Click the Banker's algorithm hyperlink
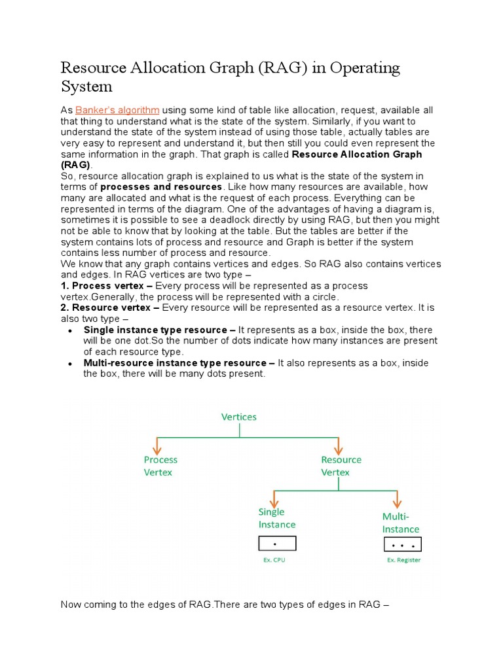117,110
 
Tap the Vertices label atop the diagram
239,417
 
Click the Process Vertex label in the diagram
160,466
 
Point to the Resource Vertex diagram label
341,466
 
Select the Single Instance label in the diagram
276,518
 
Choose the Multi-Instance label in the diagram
401,523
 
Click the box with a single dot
277,543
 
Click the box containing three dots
401,544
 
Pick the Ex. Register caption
403,560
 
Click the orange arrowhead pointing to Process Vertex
157,450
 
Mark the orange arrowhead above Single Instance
273,501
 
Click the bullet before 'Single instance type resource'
70,331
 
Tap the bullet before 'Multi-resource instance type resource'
70,364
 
